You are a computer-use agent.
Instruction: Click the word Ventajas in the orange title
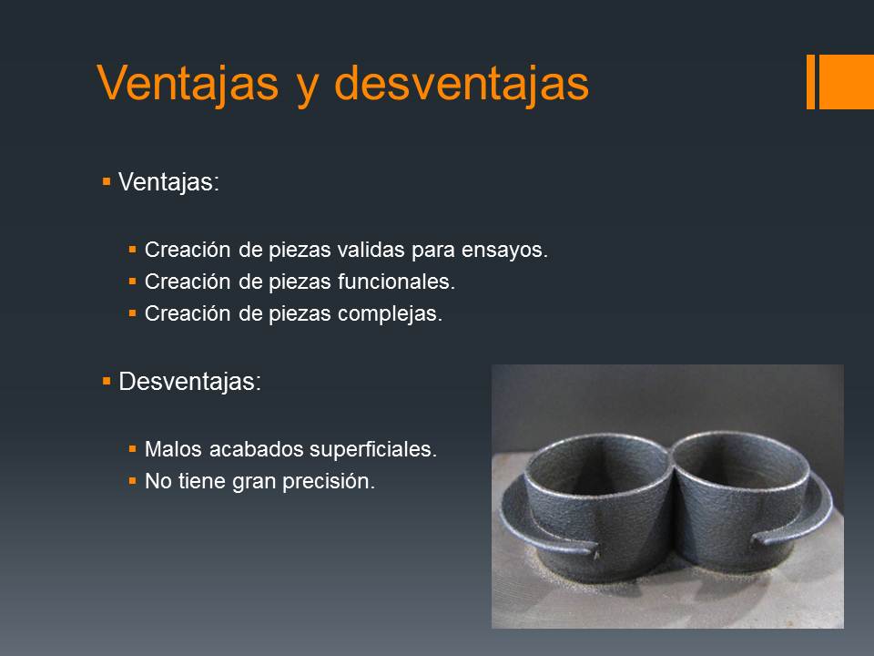point(188,83)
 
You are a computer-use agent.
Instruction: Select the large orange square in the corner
point(846,81)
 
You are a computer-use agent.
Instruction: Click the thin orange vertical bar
point(810,81)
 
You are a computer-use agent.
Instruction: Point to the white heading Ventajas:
point(169,182)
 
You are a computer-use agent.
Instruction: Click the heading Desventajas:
point(189,382)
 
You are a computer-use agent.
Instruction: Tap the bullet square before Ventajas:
point(107,181)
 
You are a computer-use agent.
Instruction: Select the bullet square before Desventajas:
point(107,382)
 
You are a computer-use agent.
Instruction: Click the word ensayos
point(504,251)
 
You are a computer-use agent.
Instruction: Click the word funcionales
point(396,282)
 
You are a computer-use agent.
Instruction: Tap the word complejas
point(390,314)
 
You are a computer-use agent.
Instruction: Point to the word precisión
point(329,481)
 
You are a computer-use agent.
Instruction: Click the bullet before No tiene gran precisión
point(132,480)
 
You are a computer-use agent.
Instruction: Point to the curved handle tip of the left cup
point(595,552)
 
